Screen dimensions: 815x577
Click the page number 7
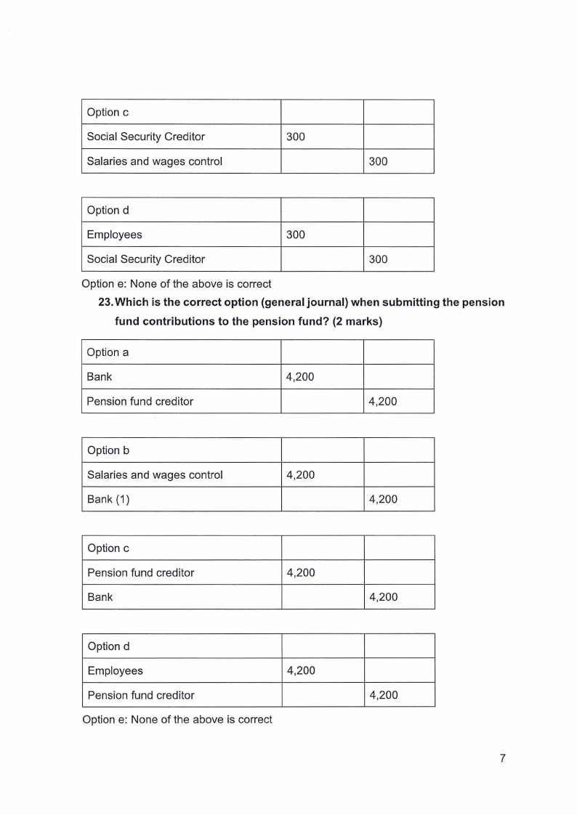502,758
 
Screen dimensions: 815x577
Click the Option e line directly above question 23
177,284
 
